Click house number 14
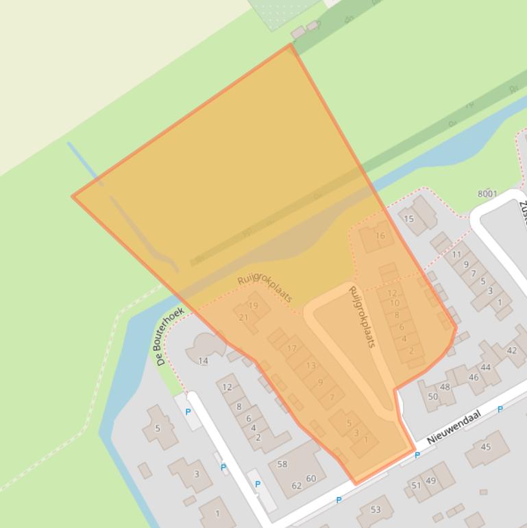(203, 361)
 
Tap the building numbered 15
(409, 219)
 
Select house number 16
(380, 236)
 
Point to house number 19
(253, 306)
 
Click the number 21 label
(243, 317)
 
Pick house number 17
(292, 348)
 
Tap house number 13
(311, 365)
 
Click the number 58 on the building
(282, 464)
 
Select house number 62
(297, 485)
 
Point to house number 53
(376, 509)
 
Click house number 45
(486, 447)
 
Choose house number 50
(432, 396)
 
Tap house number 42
(511, 350)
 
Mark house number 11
(456, 254)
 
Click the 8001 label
(487, 194)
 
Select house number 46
(474, 377)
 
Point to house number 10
(394, 303)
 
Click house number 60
(311, 479)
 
